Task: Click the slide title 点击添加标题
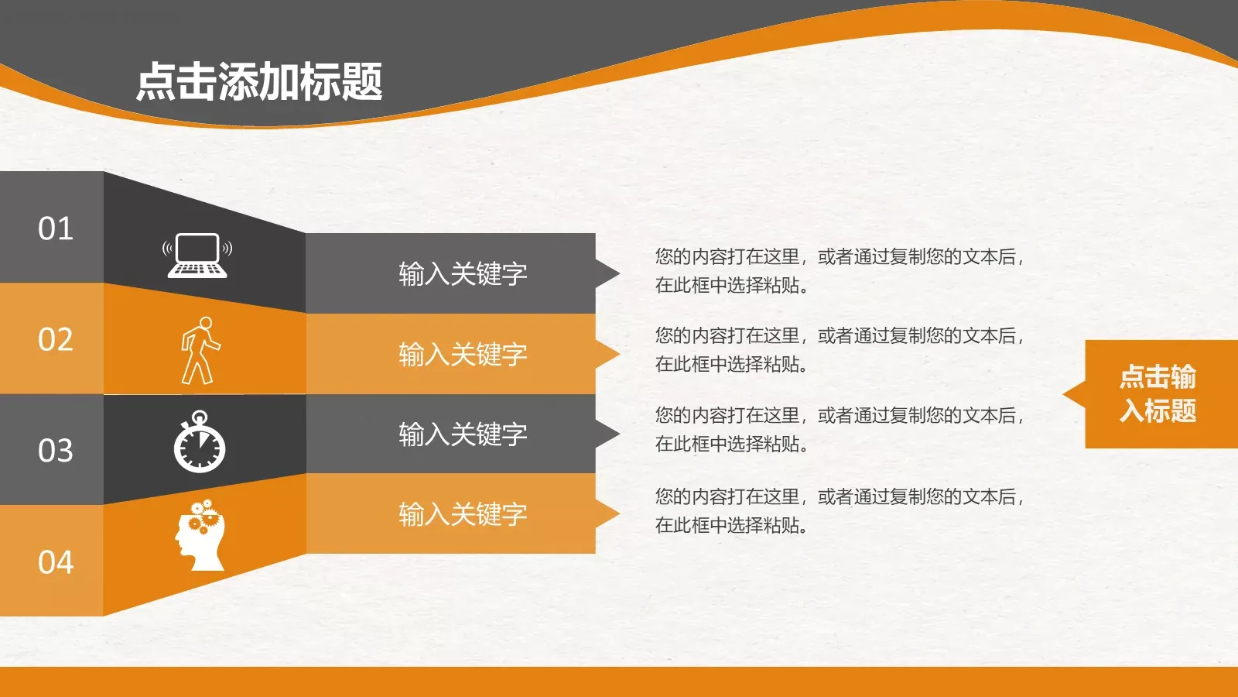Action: [259, 81]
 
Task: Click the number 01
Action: [56, 228]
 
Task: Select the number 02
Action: [56, 339]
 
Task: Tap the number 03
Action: [56, 450]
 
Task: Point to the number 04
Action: [56, 561]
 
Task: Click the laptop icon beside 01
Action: [197, 255]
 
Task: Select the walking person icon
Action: [200, 350]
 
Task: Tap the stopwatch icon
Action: [200, 444]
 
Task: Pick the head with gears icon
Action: [200, 535]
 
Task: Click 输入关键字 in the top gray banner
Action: [463, 273]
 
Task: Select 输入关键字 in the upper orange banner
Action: [463, 354]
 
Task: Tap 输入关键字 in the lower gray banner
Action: [463, 434]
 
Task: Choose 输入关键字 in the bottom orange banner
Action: [463, 513]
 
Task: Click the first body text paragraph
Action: [840, 270]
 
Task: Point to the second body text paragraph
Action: [840, 349]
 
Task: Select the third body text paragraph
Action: [840, 429]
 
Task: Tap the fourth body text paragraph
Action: [840, 510]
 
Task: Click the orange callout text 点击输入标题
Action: [1158, 393]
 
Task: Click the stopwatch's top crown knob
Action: [200, 416]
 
